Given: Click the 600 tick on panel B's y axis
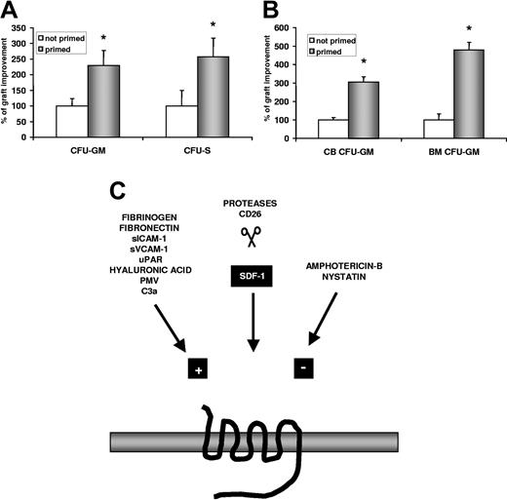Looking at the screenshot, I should [298, 26].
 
